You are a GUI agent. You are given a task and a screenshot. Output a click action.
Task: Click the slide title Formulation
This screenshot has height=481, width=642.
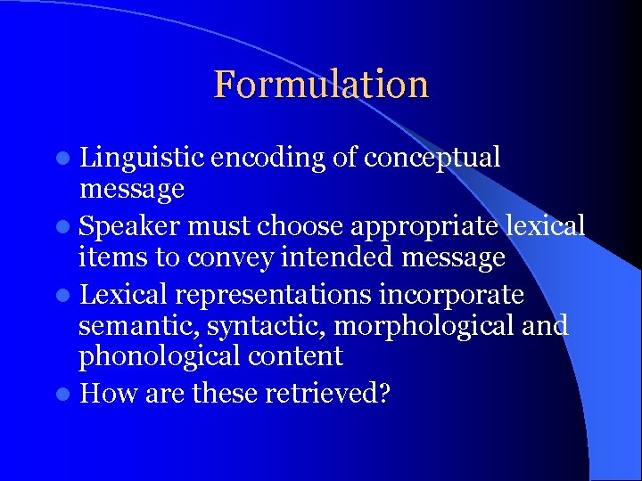point(321,85)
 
